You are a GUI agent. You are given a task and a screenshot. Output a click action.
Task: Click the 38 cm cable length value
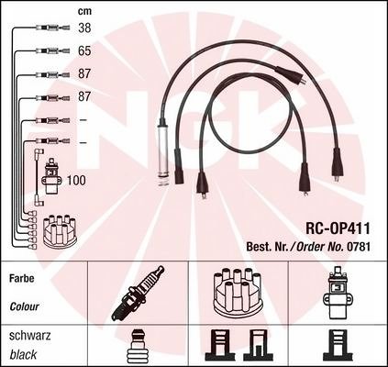tap(84, 28)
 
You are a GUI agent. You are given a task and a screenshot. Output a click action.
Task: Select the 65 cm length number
tap(84, 50)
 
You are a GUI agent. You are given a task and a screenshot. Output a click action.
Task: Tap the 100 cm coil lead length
tap(76, 181)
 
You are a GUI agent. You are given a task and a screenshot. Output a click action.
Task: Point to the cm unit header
tap(84, 12)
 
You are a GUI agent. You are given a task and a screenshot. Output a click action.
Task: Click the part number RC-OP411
tap(338, 228)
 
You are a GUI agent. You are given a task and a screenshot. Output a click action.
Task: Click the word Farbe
tap(22, 278)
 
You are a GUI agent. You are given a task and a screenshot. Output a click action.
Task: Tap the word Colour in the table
tap(24, 306)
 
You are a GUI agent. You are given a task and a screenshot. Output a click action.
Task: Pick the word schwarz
tap(30, 336)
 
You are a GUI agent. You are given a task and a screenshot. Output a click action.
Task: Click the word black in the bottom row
tap(23, 355)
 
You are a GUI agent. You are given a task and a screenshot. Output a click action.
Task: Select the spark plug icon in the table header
tap(138, 293)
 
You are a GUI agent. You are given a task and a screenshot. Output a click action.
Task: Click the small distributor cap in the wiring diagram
tap(60, 231)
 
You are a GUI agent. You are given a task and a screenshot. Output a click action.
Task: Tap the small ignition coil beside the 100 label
tap(51, 176)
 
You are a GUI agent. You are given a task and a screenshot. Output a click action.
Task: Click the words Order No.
tap(320, 247)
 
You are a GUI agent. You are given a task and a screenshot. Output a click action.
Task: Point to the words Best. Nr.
tap(267, 247)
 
